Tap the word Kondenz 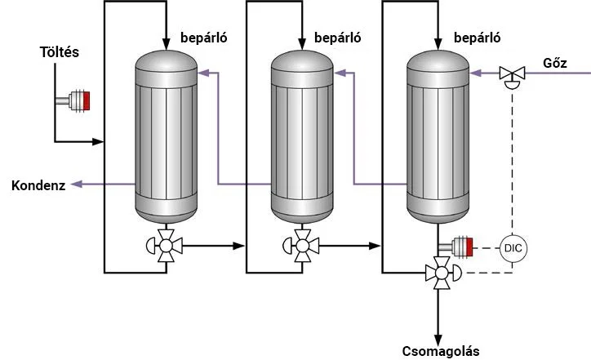(x=37, y=185)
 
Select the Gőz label (x=553, y=63)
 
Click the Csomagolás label (x=441, y=351)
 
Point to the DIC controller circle (x=513, y=246)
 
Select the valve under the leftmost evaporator (x=166, y=245)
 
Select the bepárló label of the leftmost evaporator (x=202, y=38)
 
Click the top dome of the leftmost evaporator (x=166, y=60)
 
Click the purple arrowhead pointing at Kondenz (x=76, y=185)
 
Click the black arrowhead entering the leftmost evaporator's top (x=166, y=42)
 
